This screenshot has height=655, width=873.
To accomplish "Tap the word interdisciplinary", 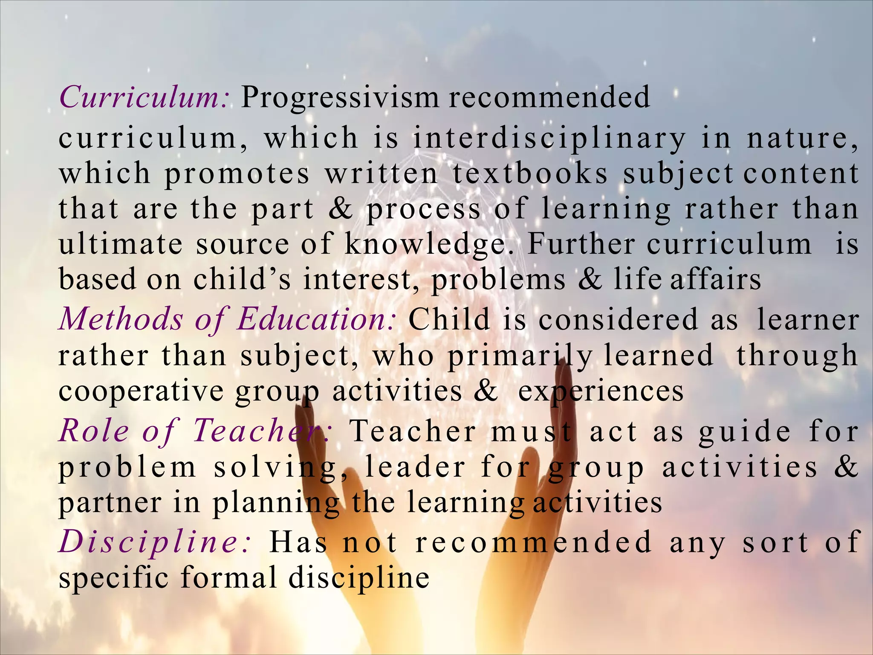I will click(x=549, y=139).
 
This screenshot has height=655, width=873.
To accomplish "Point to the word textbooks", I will click(x=530, y=174).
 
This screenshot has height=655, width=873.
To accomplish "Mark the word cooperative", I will click(x=141, y=391).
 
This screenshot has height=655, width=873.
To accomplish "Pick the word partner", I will click(x=110, y=503).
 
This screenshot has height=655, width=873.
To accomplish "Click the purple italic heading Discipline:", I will click(x=155, y=542).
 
